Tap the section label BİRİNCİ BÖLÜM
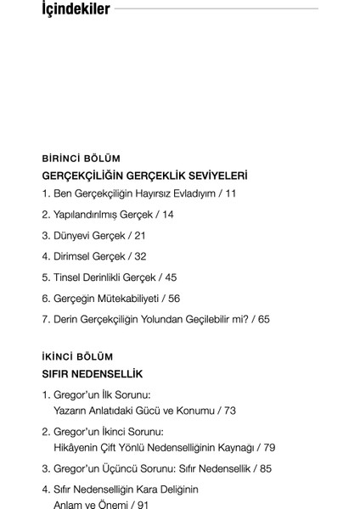[x=81, y=158]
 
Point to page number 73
[x=228, y=411]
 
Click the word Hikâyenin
[x=79, y=447]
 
